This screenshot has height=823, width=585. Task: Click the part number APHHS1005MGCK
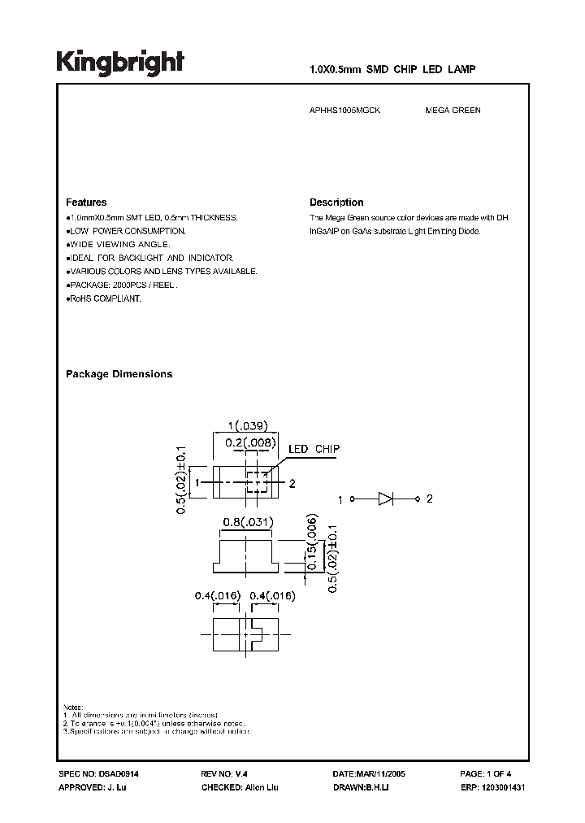pos(344,110)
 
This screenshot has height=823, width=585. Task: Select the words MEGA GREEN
pos(453,110)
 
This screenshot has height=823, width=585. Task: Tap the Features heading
pos(85,202)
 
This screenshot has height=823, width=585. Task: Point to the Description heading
pos(336,202)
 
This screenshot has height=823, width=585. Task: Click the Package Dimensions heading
pos(119,374)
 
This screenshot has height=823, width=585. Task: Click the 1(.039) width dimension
pos(247,425)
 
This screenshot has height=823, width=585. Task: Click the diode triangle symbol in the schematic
pos(385,499)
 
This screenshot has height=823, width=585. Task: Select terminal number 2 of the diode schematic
pos(430,499)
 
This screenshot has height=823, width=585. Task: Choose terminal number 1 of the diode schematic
pos(340,499)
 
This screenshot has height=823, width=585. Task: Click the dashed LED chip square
pos(257,482)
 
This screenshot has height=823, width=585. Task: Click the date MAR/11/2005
pos(378,776)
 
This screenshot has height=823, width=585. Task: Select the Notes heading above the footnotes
pos(74,706)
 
